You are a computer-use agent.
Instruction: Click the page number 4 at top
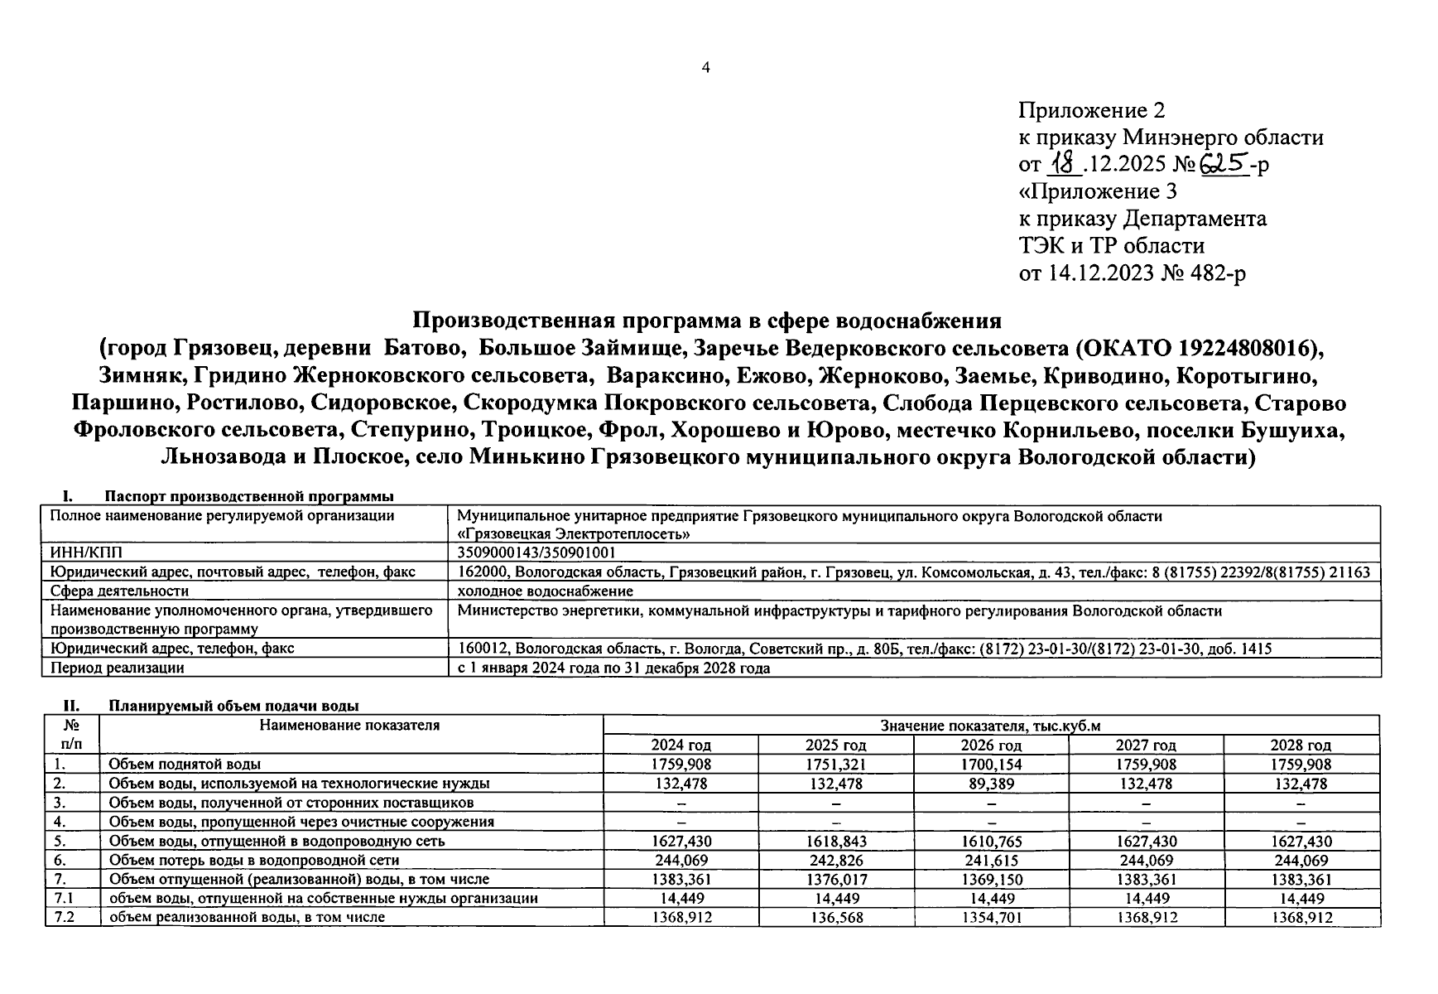[705, 68]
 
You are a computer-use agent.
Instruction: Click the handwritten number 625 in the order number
[1225, 163]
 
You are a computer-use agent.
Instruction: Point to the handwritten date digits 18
[1065, 163]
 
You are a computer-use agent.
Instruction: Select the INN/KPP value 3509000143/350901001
[536, 552]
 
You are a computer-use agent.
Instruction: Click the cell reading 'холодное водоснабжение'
[545, 591]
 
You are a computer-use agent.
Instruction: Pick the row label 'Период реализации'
[117, 667]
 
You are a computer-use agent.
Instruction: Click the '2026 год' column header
[990, 745]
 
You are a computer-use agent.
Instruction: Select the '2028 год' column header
[1301, 745]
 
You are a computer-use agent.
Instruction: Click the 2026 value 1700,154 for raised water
[990, 764]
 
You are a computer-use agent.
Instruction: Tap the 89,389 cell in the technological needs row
[990, 783]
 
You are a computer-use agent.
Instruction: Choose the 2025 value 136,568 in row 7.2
[835, 917]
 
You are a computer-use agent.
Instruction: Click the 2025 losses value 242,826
[835, 860]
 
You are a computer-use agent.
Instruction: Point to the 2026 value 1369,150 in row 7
[990, 879]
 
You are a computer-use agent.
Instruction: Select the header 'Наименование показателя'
[349, 726]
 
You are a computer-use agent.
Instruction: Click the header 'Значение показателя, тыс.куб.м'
[990, 726]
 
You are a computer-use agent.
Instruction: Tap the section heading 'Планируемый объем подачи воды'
[233, 706]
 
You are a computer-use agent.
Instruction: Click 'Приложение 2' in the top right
[1091, 110]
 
